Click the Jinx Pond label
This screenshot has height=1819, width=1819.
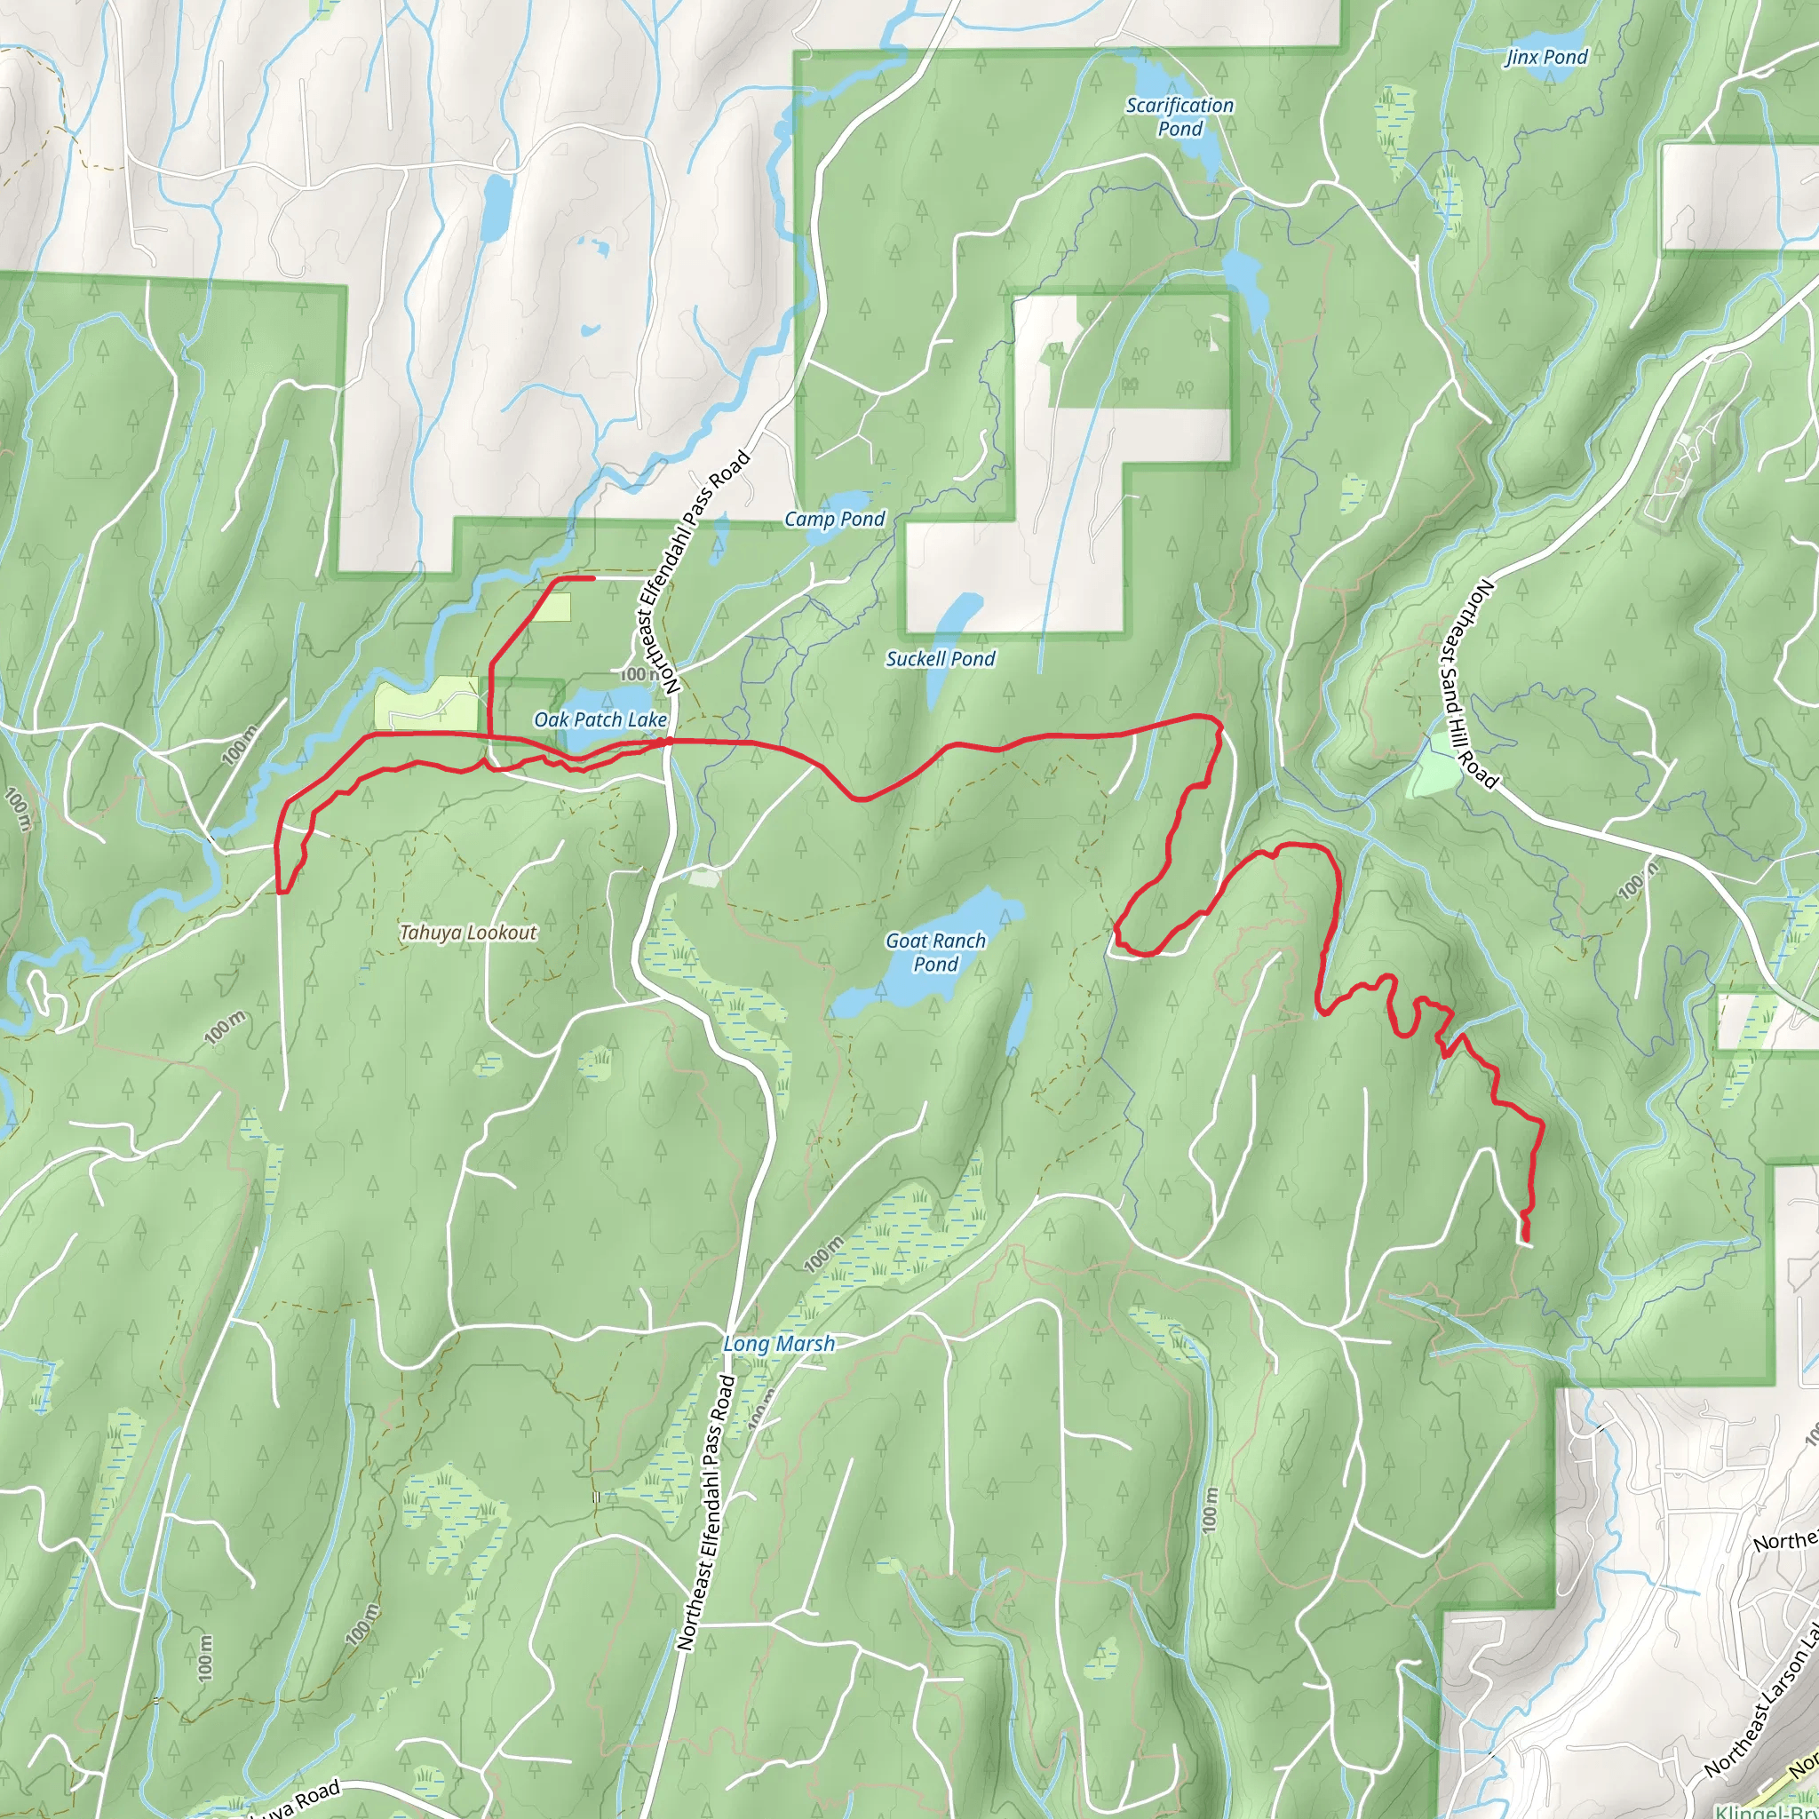(x=1547, y=58)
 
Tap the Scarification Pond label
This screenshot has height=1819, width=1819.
(x=1180, y=116)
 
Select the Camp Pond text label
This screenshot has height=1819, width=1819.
(x=834, y=519)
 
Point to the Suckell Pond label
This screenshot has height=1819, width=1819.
(x=940, y=659)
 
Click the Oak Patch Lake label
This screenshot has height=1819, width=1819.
(x=600, y=720)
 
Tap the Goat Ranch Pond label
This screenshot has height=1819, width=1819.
(x=935, y=952)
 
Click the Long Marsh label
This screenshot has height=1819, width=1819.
(x=779, y=1345)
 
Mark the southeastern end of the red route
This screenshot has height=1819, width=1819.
(x=1526, y=1239)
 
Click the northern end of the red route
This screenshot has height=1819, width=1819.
(x=592, y=578)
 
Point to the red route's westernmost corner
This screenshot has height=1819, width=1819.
(x=279, y=889)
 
